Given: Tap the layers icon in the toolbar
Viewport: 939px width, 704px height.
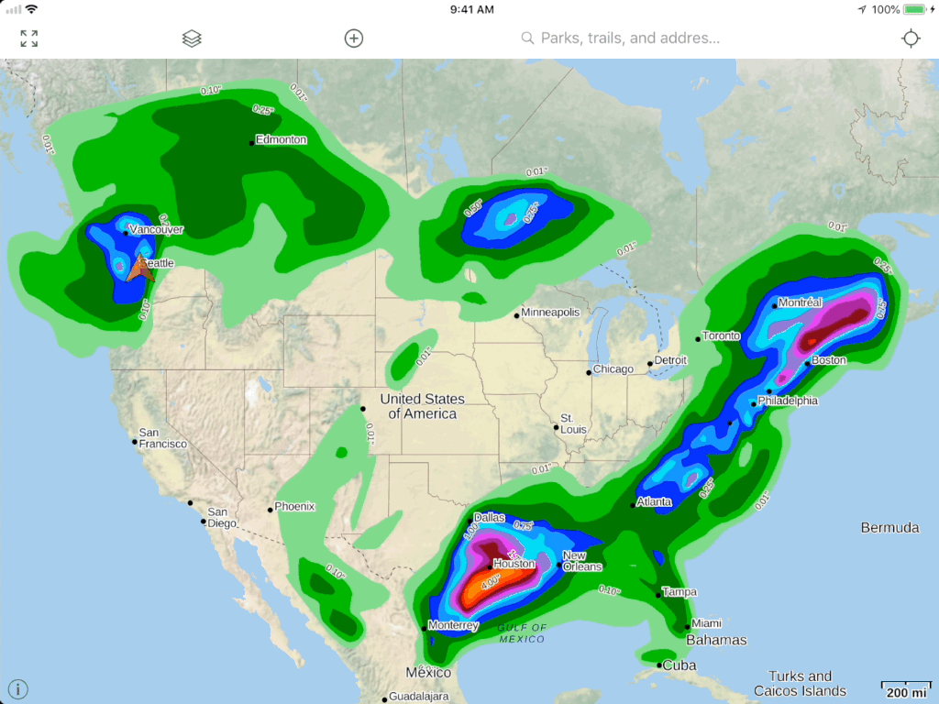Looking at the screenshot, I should [x=192, y=38].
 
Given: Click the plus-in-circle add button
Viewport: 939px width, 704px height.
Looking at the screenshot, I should [x=354, y=38].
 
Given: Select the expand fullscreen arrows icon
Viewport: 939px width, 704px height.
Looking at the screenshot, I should [x=29, y=38].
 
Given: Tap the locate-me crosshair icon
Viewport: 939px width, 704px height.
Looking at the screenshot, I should [x=910, y=38].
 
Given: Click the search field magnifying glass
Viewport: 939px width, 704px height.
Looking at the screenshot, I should [x=527, y=38].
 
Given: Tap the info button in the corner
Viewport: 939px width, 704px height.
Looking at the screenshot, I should [x=18, y=689].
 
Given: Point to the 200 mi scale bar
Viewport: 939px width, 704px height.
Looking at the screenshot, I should [x=906, y=689].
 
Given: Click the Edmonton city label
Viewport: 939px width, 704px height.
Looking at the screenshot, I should [x=282, y=140].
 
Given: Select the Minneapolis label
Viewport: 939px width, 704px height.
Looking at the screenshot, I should [x=550, y=313].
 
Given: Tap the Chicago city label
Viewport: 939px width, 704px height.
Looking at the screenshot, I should [x=613, y=369].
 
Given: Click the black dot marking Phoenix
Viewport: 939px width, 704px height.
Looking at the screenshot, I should [x=271, y=510].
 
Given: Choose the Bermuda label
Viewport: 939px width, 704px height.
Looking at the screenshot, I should [x=889, y=528].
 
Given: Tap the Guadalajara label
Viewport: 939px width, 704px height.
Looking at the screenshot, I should [x=418, y=697].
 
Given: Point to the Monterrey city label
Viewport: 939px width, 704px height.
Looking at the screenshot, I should [x=454, y=626].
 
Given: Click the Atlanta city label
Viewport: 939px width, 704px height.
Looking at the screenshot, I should [x=655, y=502].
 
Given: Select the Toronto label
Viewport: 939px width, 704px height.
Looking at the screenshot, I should [x=721, y=336].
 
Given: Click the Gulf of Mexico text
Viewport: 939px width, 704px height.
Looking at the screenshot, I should [x=523, y=633].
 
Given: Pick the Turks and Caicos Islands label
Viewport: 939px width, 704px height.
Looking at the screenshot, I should [x=800, y=684].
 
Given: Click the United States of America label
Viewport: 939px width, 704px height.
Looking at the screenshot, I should [x=422, y=406].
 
